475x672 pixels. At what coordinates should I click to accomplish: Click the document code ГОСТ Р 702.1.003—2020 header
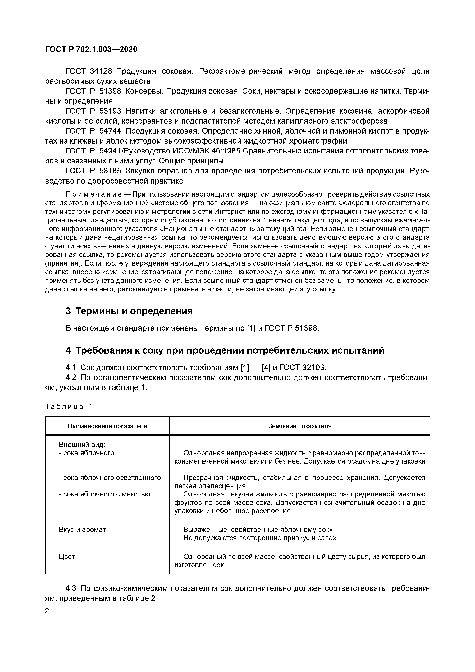point(91,49)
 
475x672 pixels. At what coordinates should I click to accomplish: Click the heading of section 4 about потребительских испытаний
point(225,350)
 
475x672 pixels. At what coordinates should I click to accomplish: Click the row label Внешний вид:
point(82,445)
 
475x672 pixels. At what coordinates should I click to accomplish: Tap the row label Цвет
point(67,556)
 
